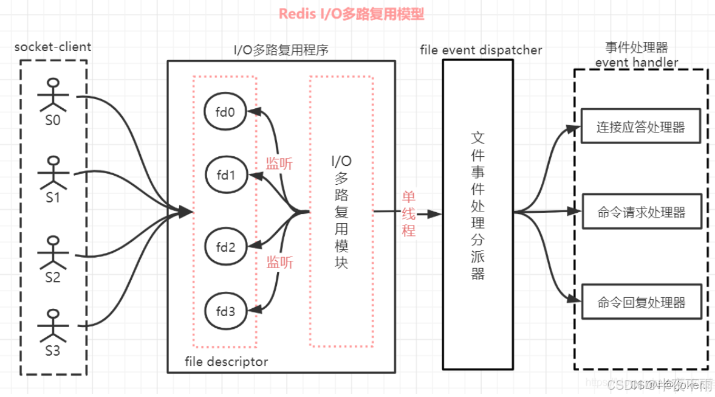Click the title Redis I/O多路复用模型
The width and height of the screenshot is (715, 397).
coord(351,15)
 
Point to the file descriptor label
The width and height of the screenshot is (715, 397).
coord(226,362)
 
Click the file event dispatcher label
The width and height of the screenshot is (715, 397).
coord(481,50)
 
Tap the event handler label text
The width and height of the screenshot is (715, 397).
coord(637,62)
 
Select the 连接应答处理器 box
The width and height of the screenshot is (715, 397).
coord(640,126)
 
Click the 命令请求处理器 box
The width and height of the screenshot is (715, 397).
coord(640,212)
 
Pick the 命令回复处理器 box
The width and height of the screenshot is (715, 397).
coord(640,302)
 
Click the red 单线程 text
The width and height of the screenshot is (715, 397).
coord(408,213)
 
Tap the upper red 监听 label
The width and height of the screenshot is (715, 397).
coord(279,164)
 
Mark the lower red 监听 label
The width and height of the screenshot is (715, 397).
coord(279,262)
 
